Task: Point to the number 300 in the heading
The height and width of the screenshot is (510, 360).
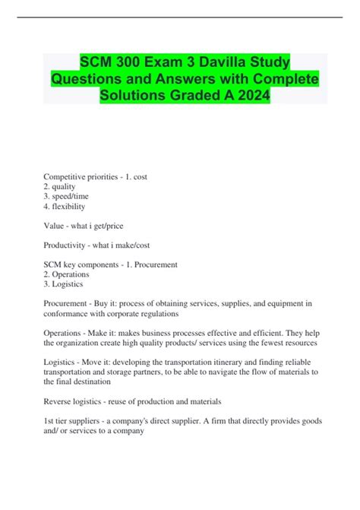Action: pyautogui.click(x=128, y=60)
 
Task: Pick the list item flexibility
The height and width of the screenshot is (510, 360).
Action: pyautogui.click(x=68, y=206)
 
